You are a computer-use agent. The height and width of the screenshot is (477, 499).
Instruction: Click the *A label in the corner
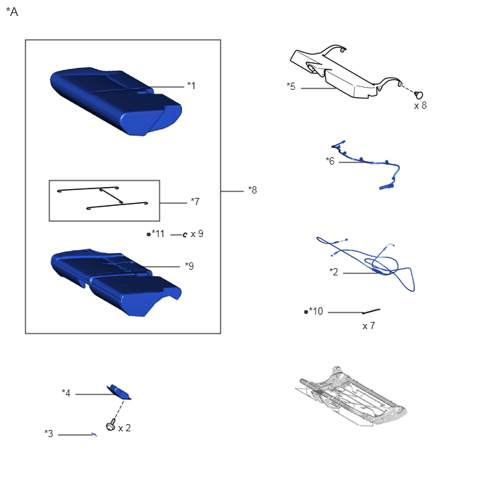click(x=12, y=12)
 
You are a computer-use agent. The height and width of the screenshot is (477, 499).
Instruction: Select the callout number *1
click(x=191, y=86)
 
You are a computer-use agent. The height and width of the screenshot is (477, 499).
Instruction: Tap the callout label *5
click(x=291, y=86)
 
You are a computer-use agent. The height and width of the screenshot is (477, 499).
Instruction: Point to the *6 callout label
click(x=330, y=161)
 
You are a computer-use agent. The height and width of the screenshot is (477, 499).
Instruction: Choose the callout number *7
click(x=195, y=202)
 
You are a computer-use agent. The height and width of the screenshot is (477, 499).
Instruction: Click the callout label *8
click(x=252, y=190)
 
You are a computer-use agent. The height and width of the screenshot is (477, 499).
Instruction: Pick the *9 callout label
click(x=189, y=266)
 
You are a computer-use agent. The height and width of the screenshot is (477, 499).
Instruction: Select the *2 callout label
click(x=334, y=272)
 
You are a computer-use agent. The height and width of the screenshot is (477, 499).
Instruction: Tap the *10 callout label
click(x=316, y=311)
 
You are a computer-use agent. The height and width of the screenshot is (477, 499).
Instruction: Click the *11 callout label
click(x=158, y=233)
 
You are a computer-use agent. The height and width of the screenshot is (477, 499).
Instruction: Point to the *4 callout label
click(x=66, y=393)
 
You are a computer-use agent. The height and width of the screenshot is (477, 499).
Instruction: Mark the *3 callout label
click(x=49, y=434)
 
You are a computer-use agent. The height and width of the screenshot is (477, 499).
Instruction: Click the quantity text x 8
click(x=420, y=105)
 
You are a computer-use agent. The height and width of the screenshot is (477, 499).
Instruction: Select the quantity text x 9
click(x=197, y=234)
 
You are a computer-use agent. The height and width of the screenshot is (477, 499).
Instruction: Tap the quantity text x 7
click(x=369, y=326)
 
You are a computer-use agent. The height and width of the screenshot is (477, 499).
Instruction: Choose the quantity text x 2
click(x=125, y=428)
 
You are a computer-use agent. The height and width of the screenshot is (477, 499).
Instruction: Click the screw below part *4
click(x=111, y=425)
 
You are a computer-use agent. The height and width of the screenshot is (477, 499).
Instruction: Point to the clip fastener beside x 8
click(x=418, y=95)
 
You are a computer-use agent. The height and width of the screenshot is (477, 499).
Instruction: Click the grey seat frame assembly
click(x=352, y=396)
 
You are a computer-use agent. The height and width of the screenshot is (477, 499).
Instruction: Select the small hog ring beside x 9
click(x=185, y=235)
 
